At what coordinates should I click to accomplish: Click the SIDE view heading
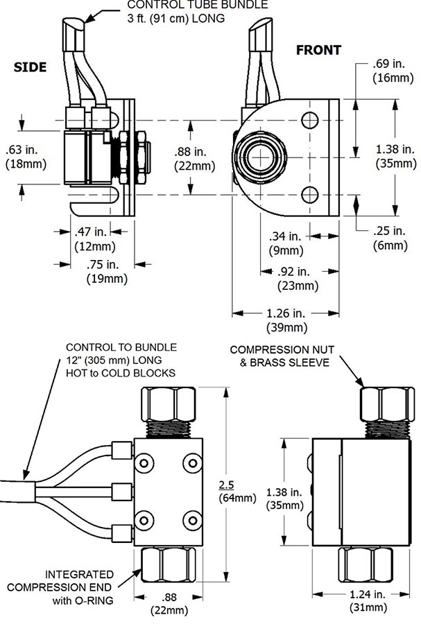30,67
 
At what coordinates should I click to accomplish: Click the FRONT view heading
318,50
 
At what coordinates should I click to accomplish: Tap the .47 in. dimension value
91,232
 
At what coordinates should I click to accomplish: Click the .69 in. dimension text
389,63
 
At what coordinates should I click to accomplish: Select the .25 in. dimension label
389,231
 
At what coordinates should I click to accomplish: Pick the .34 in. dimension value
285,236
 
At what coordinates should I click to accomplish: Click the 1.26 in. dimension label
286,313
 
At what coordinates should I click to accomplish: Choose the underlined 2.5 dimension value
226,485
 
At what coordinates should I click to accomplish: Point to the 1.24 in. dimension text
368,594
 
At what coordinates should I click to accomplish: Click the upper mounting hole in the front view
309,120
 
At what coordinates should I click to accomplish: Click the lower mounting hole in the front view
309,195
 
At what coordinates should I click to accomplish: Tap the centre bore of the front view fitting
261,157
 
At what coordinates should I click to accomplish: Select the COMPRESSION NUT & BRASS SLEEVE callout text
282,356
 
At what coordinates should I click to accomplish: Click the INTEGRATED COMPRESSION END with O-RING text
60,587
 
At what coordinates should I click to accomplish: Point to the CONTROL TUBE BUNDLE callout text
198,12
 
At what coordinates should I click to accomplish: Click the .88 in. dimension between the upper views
191,152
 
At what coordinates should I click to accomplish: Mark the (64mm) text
237,498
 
